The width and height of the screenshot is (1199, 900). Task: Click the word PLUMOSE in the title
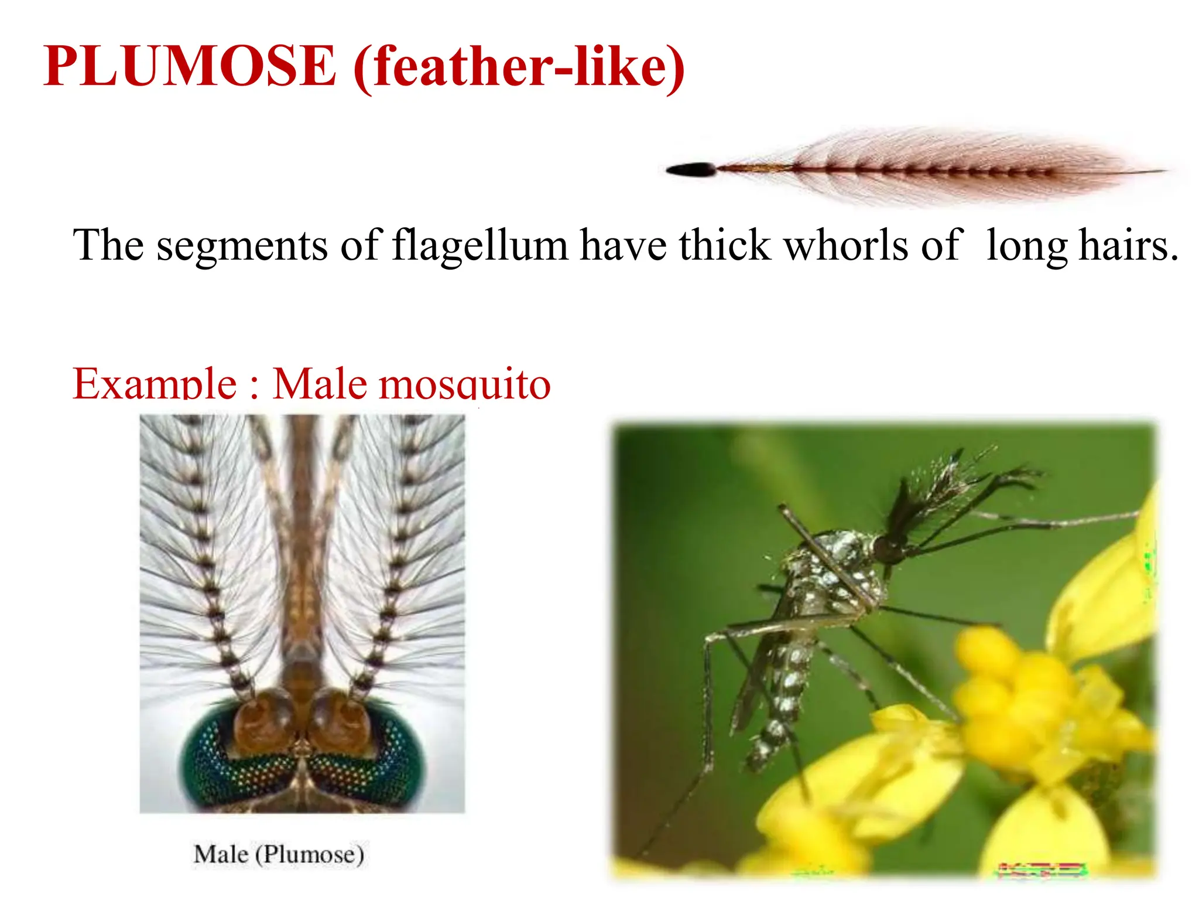tap(190, 66)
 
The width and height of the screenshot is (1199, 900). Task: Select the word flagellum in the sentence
tap(480, 245)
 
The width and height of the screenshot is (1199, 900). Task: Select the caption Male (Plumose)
tap(279, 854)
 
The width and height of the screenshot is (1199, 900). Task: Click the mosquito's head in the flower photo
tap(888, 550)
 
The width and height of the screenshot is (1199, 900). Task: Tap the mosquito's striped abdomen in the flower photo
tap(785, 691)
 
